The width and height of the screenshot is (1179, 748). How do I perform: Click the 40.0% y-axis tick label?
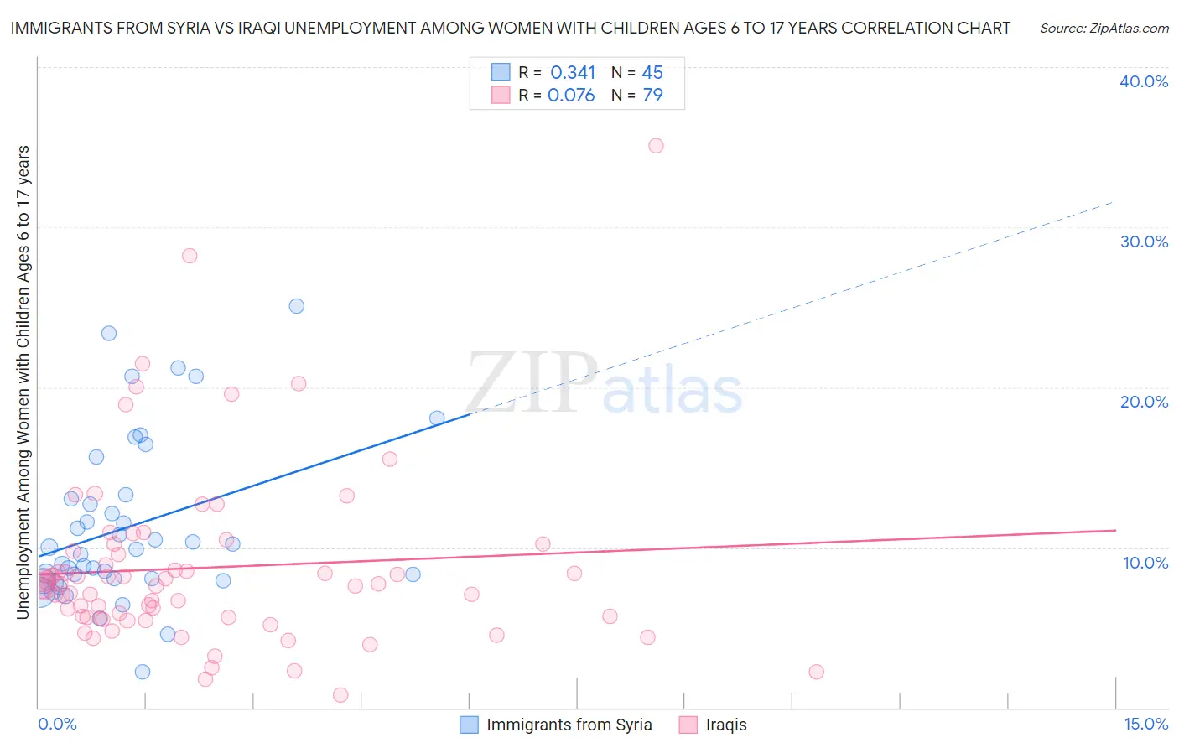click(1144, 81)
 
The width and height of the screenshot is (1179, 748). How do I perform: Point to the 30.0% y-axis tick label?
click(1144, 242)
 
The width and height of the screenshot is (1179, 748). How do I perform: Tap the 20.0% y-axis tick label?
click(1144, 402)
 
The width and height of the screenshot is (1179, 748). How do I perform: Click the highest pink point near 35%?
click(656, 146)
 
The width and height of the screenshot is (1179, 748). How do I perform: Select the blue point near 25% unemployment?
click(296, 306)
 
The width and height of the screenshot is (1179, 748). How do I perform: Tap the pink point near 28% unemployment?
click(190, 256)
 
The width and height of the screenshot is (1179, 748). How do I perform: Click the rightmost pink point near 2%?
click(816, 672)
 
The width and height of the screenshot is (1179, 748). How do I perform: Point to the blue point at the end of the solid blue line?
click(437, 418)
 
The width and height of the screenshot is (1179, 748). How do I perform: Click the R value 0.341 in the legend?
click(573, 73)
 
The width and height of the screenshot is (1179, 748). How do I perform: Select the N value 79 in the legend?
click(652, 96)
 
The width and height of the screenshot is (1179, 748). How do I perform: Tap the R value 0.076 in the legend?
click(571, 96)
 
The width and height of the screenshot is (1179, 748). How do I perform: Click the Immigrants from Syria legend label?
click(569, 725)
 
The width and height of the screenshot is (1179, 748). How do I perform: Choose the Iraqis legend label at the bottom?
click(725, 725)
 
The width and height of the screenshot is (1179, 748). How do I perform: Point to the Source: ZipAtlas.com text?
click(1104, 29)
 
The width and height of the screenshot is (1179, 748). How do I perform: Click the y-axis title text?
click(23, 382)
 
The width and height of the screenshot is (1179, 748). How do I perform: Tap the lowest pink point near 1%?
click(340, 695)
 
